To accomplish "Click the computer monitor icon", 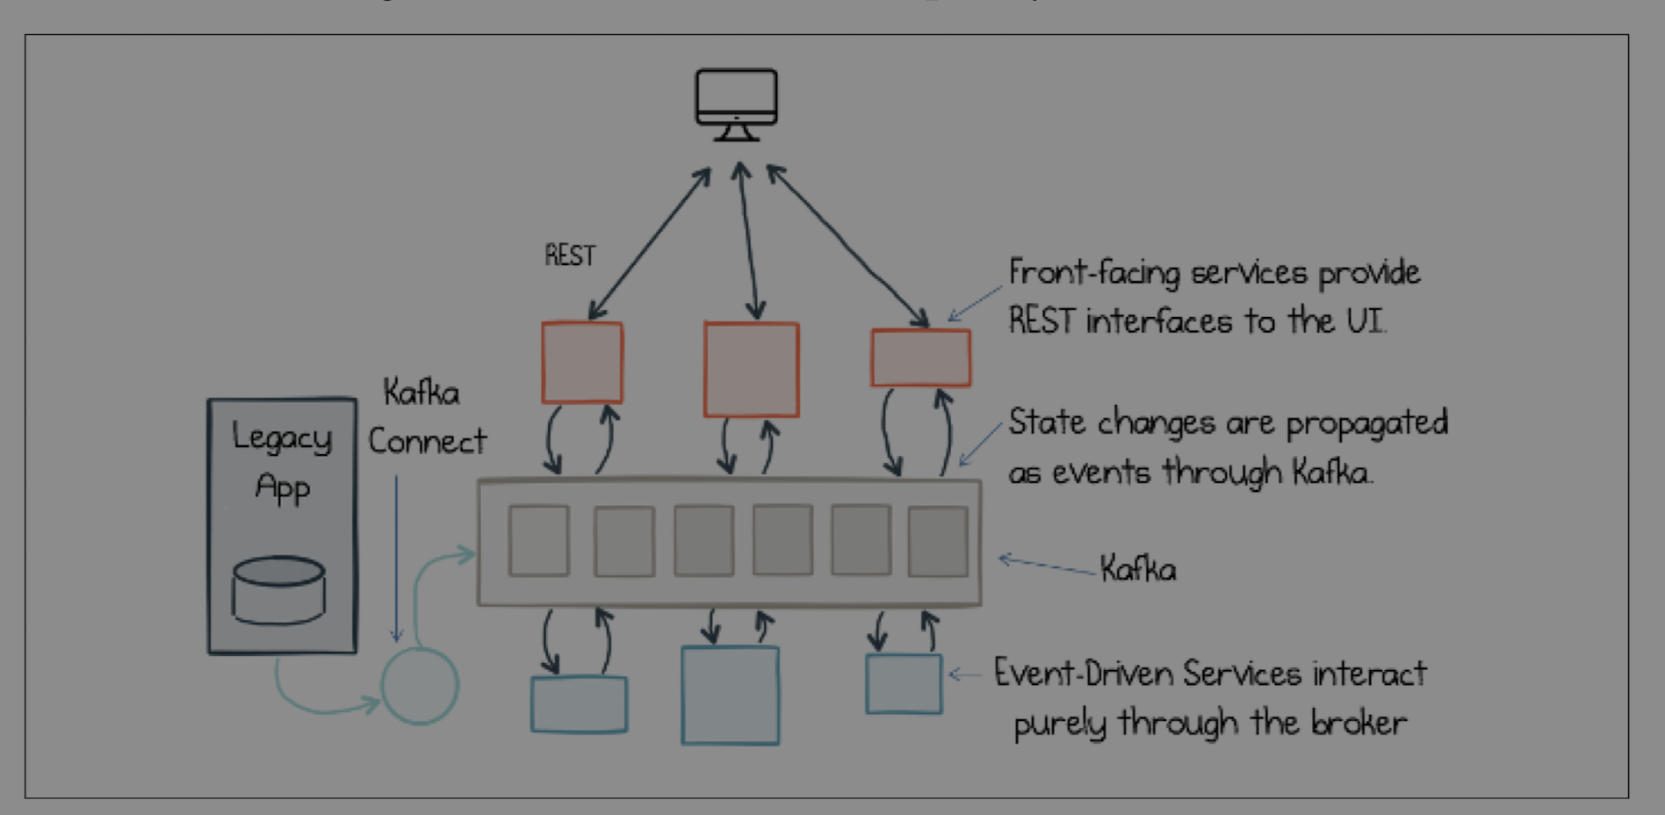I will tap(736, 104).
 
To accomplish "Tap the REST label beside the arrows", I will tap(570, 256).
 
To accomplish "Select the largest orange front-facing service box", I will tap(752, 369).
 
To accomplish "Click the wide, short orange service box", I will tap(920, 357).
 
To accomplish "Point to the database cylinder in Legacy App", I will tap(278, 589).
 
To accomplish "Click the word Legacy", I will tap(282, 437).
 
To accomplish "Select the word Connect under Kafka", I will tap(427, 441).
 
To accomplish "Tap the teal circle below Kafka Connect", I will tap(420, 685).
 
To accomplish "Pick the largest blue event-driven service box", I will tap(731, 695).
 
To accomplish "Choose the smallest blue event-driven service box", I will tap(904, 683).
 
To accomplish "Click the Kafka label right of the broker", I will tap(1138, 570).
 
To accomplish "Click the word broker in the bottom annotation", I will tap(1359, 723).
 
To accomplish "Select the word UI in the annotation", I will tap(1366, 321).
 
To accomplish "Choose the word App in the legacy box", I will tap(283, 487).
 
